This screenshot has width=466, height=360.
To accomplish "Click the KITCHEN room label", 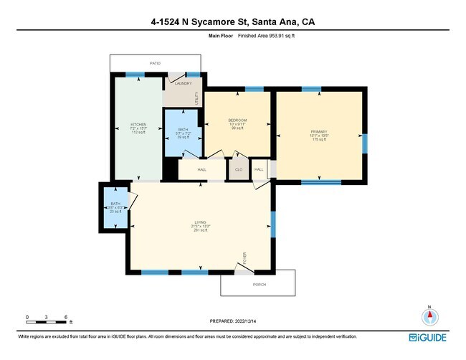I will point(138,124).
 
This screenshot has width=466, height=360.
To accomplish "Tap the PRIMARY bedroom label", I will point(318,132).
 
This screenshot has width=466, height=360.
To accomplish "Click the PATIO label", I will point(155,63).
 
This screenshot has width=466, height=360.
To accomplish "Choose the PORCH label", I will point(259,284).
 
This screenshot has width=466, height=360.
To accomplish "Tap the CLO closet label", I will point(238,170).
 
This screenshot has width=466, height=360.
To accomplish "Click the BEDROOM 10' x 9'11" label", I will point(237,120).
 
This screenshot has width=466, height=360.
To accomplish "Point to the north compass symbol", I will point(429,317).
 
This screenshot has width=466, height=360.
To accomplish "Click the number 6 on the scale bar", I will point(66,316).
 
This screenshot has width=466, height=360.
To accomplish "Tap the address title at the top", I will point(233,22).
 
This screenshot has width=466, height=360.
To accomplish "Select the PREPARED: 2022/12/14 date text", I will point(233,321).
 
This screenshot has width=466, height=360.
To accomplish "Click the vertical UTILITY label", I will point(197,98).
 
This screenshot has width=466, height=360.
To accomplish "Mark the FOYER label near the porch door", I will point(244,257).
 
